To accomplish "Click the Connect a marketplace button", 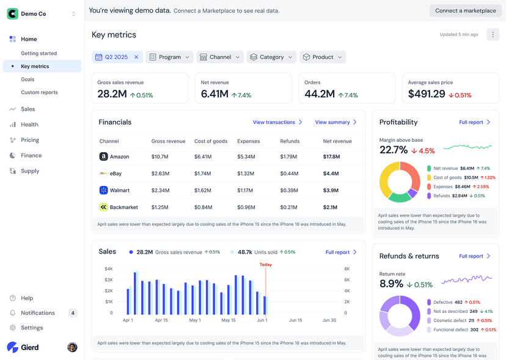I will (x=465, y=10).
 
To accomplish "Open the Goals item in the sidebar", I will (x=28, y=79).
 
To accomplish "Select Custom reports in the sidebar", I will (x=39, y=92).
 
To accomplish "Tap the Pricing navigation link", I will (x=29, y=140).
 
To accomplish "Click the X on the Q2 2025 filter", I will (x=136, y=57).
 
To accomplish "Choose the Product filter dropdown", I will (x=323, y=57).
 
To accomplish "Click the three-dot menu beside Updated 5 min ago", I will (x=493, y=35).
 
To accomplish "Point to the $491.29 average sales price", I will (x=427, y=94).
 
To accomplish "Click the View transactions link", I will (x=277, y=122).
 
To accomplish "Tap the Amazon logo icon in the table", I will (x=103, y=156).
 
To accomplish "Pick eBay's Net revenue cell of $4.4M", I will (x=331, y=174).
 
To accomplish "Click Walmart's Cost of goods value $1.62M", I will (x=203, y=190).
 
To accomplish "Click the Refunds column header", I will (x=290, y=141).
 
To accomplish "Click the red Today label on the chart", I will (x=265, y=265).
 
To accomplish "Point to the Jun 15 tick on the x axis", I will (x=296, y=320).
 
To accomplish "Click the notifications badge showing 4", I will (x=73, y=313).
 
